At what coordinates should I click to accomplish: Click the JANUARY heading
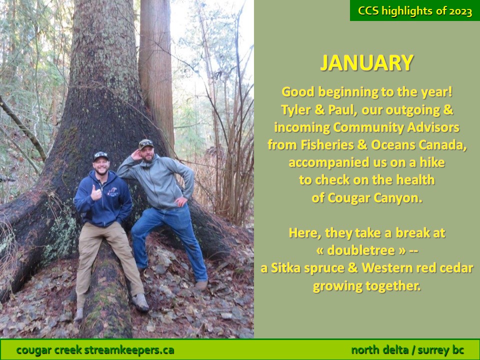click(366, 63)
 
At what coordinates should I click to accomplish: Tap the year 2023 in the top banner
click(460, 11)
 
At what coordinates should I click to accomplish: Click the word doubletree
click(361, 250)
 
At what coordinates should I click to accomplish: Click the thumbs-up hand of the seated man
click(96, 193)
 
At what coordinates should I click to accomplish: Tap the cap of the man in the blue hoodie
click(100, 156)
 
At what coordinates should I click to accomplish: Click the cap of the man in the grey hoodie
click(145, 144)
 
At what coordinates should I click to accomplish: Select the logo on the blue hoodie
click(113, 191)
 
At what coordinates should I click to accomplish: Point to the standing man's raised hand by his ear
click(136, 155)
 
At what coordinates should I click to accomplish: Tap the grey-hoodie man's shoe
click(201, 285)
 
